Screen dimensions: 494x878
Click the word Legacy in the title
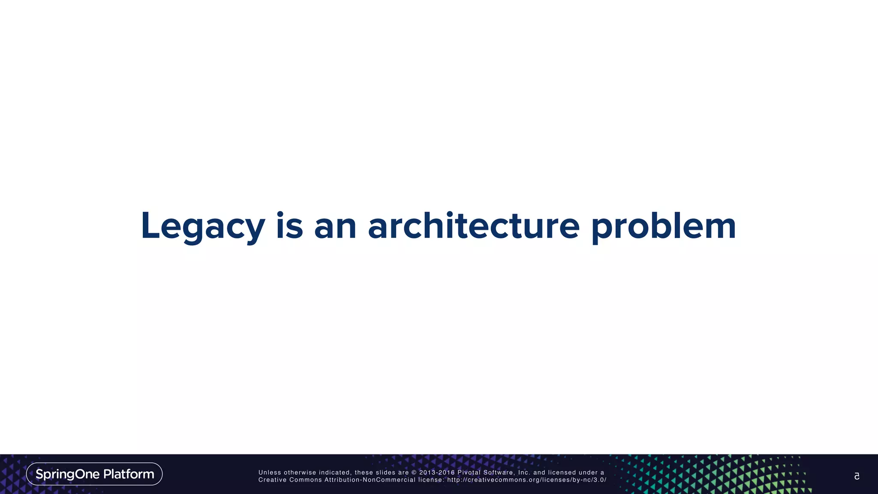(x=203, y=226)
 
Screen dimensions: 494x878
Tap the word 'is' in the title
(x=289, y=226)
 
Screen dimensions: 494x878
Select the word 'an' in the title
(x=335, y=226)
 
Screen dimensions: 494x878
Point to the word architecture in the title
(x=474, y=226)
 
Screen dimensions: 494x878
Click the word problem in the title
(x=664, y=226)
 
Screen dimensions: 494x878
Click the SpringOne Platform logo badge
(x=94, y=474)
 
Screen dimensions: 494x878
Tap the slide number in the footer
(x=857, y=476)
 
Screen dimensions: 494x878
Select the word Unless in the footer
(x=269, y=473)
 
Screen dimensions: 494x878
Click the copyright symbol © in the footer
(x=414, y=473)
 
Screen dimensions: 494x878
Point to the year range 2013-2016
(x=436, y=473)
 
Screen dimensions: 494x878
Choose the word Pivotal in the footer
(x=469, y=473)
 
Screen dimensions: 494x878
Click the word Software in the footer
(x=498, y=473)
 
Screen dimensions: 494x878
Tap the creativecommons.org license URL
(x=526, y=480)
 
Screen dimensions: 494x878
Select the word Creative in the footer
(x=272, y=480)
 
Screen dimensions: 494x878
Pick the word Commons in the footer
(x=305, y=480)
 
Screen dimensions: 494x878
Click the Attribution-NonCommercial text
(x=370, y=480)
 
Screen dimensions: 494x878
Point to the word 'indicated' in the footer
(x=334, y=473)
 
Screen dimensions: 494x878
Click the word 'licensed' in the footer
(x=562, y=473)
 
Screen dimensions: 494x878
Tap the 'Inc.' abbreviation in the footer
(x=524, y=473)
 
